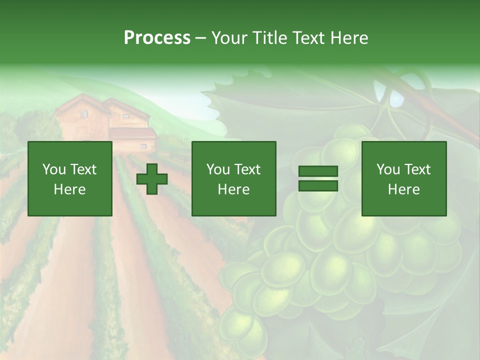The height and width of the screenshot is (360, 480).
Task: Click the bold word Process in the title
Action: [x=157, y=38]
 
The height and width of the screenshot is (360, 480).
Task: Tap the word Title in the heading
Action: [x=270, y=38]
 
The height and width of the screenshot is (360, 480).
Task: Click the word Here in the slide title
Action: [x=348, y=38]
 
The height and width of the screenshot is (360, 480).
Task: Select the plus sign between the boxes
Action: [x=152, y=179]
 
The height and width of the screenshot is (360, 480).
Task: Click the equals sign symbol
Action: [x=318, y=178]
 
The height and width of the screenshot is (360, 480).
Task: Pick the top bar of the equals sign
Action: [x=318, y=171]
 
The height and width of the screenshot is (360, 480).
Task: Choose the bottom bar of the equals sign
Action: [x=318, y=186]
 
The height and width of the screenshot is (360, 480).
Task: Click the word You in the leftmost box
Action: [x=54, y=169]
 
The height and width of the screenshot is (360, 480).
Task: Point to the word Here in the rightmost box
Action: [x=403, y=189]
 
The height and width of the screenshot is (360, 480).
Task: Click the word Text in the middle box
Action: [x=247, y=169]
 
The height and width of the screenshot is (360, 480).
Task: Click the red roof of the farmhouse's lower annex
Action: [x=132, y=133]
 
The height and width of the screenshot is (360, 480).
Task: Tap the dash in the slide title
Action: [x=201, y=38]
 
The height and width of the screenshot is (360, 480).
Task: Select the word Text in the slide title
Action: [x=308, y=38]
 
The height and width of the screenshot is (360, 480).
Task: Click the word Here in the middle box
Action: [x=233, y=189]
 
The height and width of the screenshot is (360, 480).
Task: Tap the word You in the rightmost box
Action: [x=388, y=169]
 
